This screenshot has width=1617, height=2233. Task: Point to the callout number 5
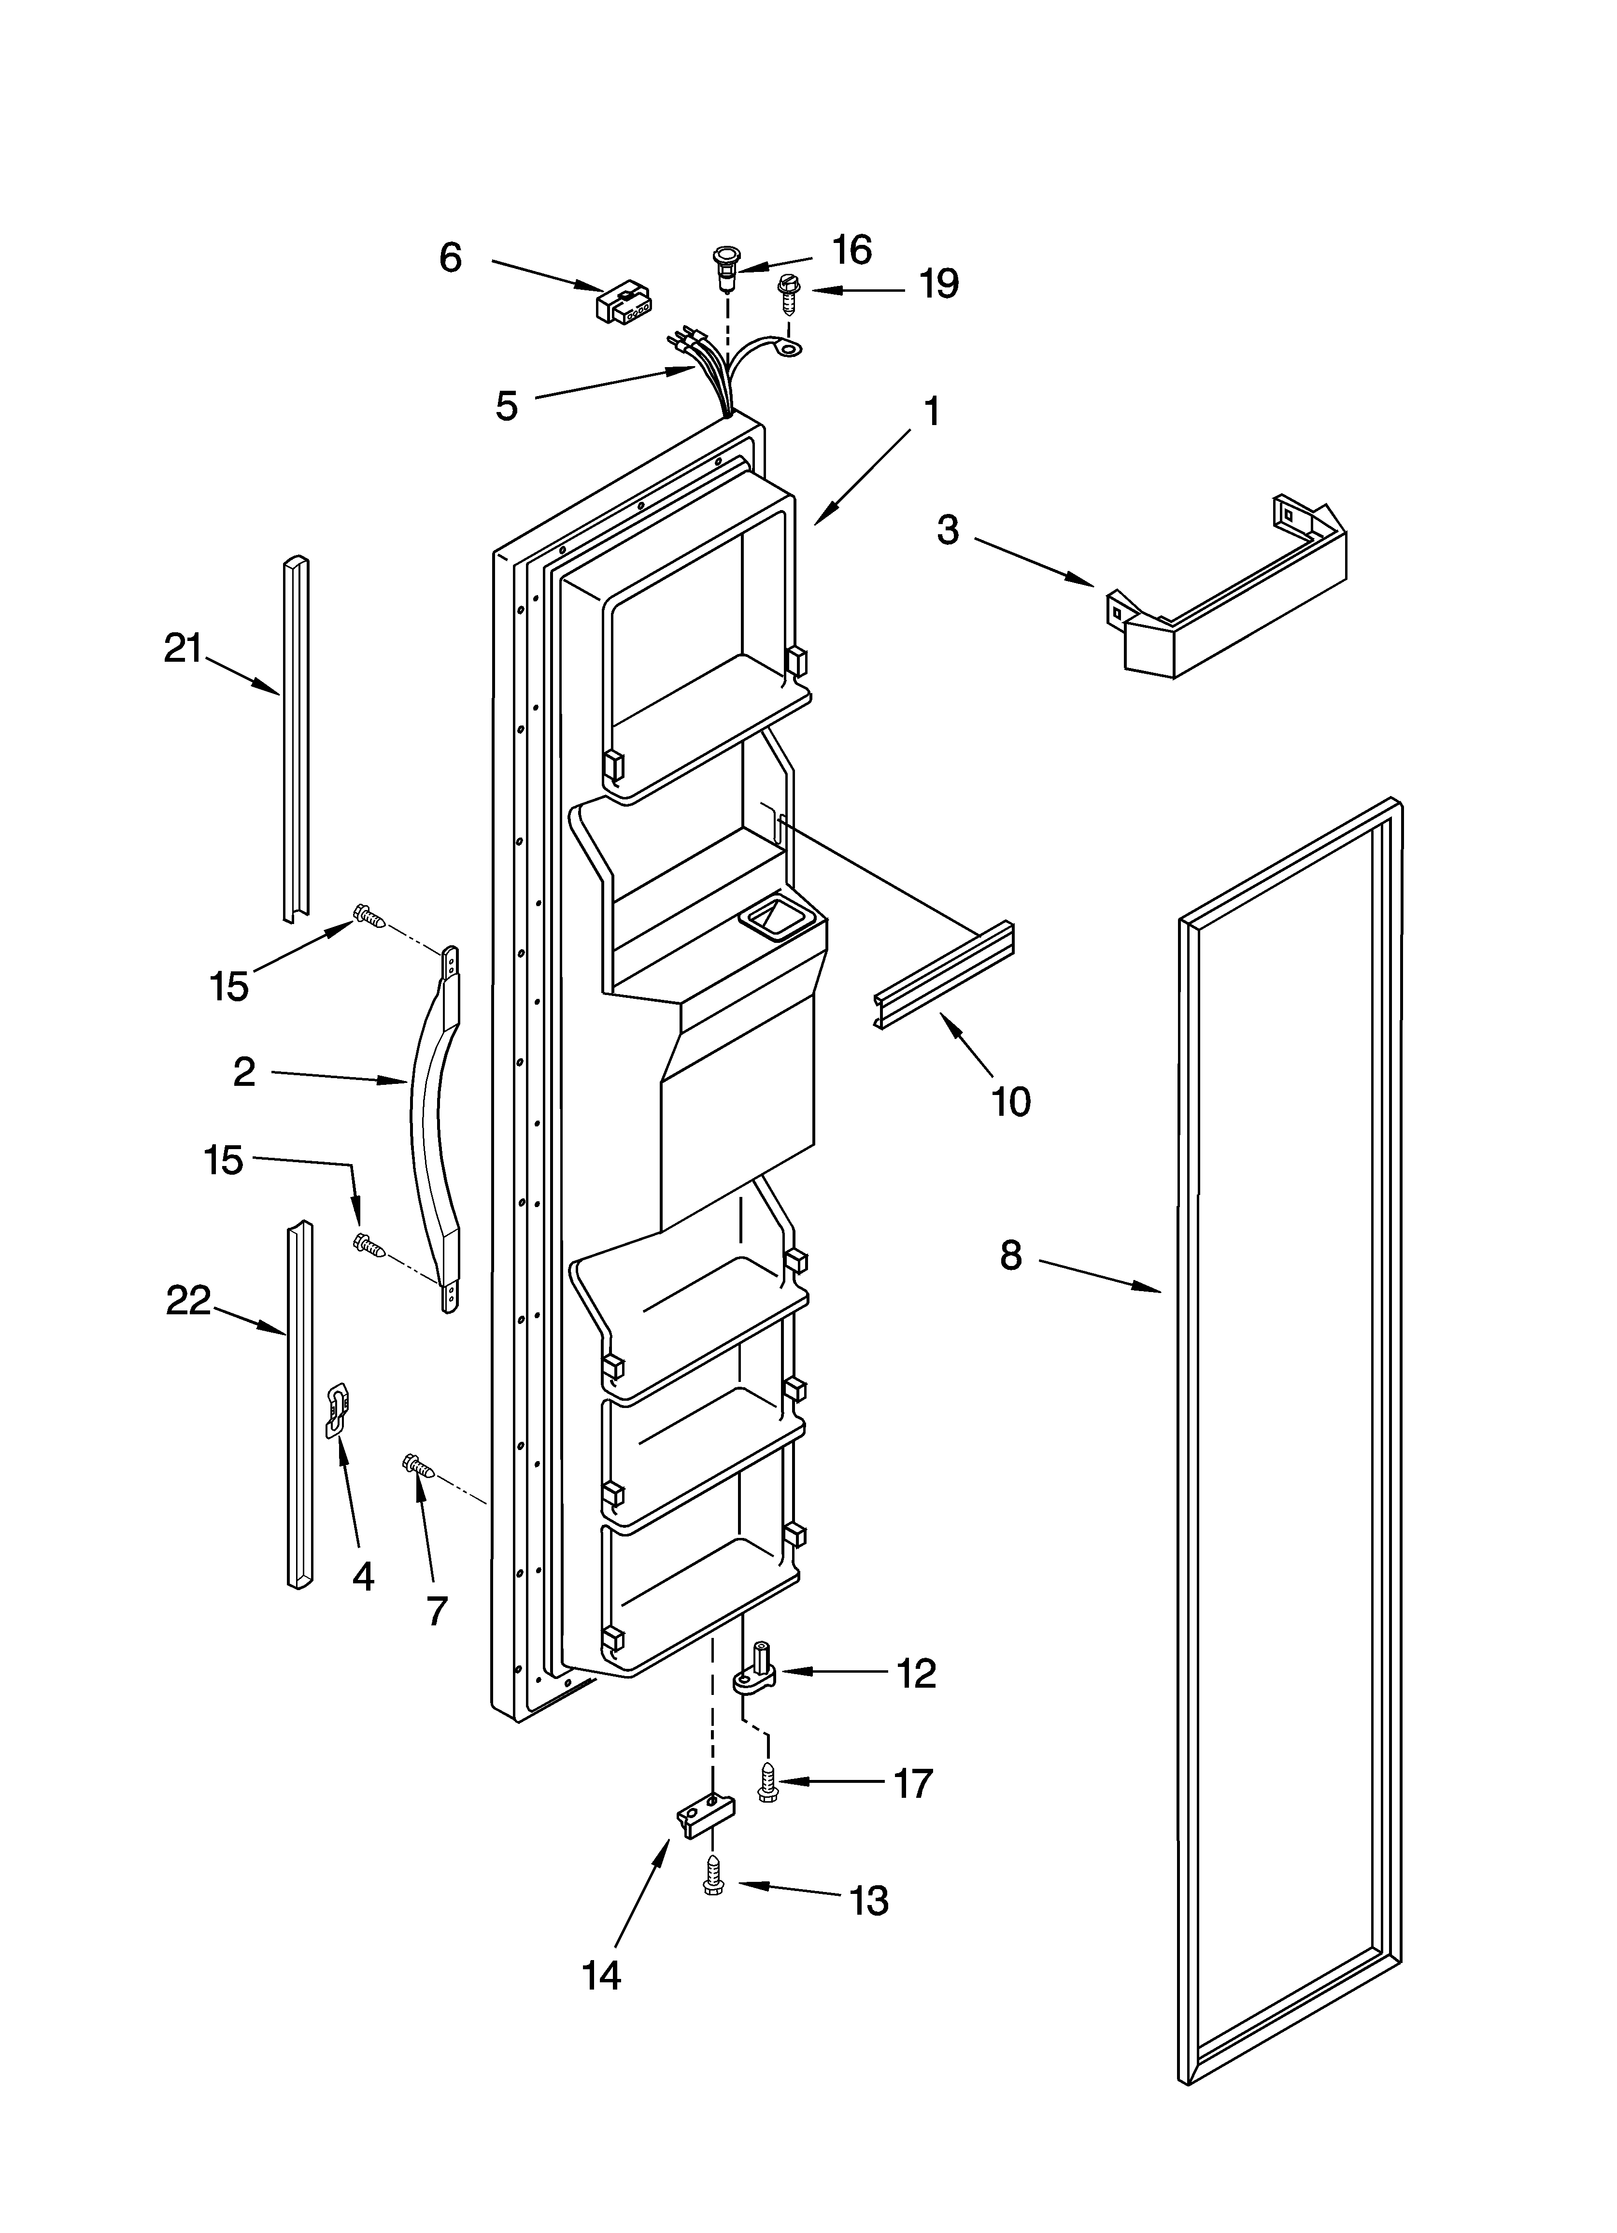point(506,406)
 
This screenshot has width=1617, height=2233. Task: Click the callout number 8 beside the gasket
point(1010,1255)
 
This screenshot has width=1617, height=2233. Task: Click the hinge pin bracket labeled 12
point(757,1671)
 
